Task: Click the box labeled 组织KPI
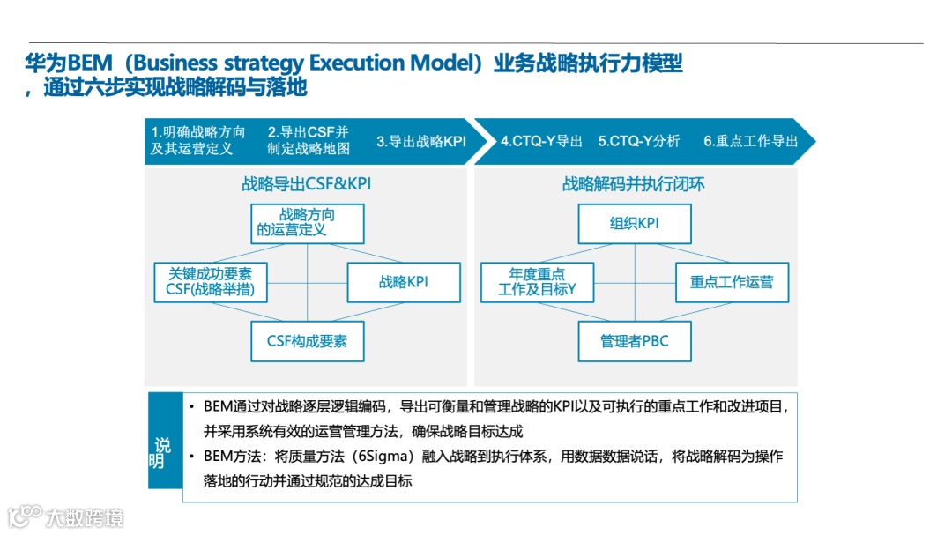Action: tap(635, 224)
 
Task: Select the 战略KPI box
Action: tap(404, 282)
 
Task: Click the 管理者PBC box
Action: tap(635, 341)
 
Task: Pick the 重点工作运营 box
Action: tap(732, 282)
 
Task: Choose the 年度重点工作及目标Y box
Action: tap(537, 282)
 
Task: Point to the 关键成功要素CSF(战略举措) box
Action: tap(211, 282)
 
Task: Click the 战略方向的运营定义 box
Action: tap(307, 224)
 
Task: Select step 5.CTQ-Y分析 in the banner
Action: tap(639, 141)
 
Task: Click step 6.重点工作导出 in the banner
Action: tap(750, 141)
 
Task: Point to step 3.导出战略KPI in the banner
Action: tap(421, 141)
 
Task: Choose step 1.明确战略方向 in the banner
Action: tap(197, 141)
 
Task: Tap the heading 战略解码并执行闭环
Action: tap(634, 184)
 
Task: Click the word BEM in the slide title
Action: tap(90, 63)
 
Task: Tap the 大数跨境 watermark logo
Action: tap(66, 516)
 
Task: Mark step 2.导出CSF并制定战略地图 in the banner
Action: tap(309, 141)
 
